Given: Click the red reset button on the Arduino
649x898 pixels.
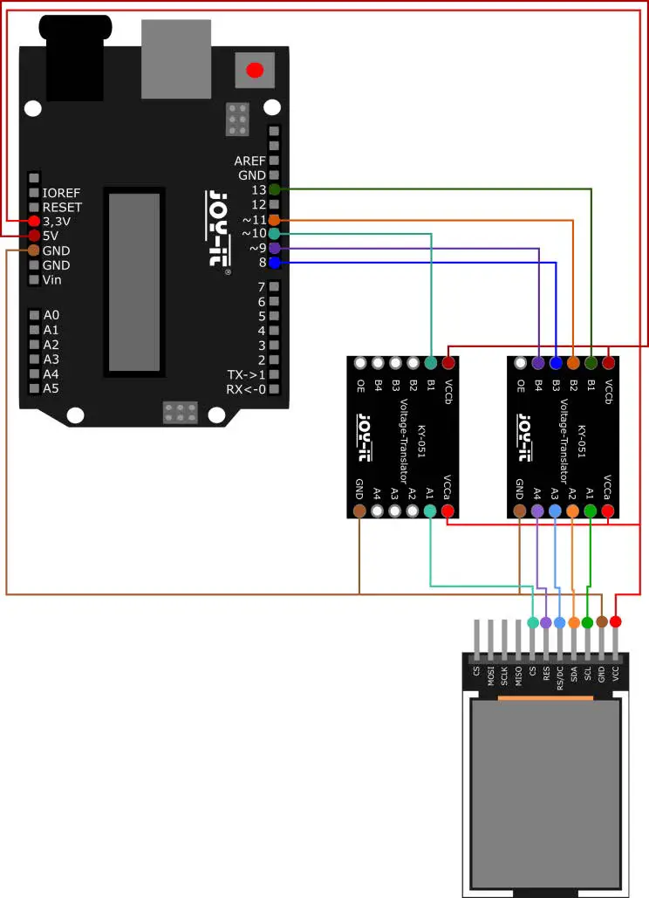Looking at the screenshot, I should (254, 71).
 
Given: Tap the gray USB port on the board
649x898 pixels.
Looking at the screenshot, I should (176, 58).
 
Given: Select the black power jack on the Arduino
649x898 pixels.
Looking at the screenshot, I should (74, 61).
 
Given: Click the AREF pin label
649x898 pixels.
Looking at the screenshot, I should (249, 161).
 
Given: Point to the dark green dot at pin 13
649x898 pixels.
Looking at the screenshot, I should (275, 189).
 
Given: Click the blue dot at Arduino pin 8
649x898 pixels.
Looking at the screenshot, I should (275, 263).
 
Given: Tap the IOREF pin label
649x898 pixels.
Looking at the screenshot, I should (62, 192).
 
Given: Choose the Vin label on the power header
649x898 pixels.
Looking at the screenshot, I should (52, 280).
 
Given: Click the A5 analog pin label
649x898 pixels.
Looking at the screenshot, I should (51, 388).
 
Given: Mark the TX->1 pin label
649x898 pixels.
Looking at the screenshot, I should (246, 374).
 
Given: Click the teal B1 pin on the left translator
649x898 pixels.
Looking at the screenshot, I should (431, 362).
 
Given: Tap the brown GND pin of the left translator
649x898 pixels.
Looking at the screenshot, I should (359, 511).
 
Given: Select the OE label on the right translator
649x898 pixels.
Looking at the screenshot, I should (521, 384).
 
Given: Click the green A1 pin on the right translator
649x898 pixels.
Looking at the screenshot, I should (591, 511).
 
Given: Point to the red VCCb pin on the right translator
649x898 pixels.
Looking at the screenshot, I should (609, 362).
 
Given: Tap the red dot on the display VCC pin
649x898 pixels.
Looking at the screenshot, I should (616, 621).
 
